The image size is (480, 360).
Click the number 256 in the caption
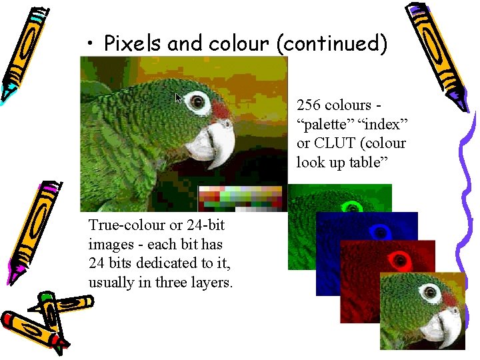click(308, 105)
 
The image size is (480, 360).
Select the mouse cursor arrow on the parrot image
click(178, 98)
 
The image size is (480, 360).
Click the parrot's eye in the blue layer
click(381, 231)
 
